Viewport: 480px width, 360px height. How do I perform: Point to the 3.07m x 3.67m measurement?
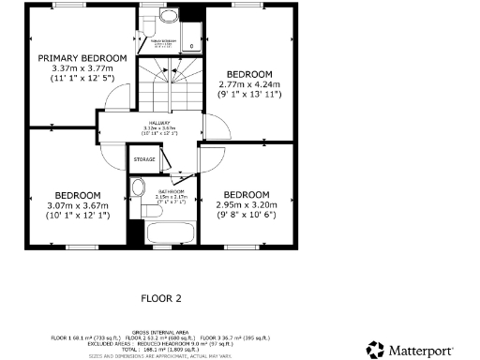[79, 205]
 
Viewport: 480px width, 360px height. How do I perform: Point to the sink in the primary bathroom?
[168, 16]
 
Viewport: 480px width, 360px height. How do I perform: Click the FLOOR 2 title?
[160, 299]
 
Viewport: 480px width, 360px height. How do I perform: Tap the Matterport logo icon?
[376, 349]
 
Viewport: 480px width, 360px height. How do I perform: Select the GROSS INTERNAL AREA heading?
[159, 331]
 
